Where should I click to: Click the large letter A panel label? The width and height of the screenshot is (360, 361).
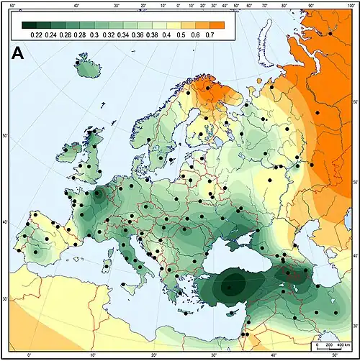click(x=22, y=53)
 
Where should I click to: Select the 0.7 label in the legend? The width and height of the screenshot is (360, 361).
click(x=210, y=34)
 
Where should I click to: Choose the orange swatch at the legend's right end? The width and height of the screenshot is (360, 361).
click(x=217, y=24)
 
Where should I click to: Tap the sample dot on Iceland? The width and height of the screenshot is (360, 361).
click(x=76, y=63)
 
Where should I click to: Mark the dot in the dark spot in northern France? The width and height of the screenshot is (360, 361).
click(x=98, y=193)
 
